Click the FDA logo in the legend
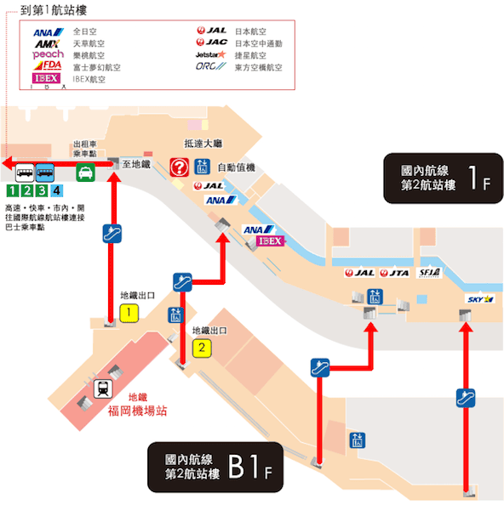[49, 65]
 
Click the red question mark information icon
[179, 167]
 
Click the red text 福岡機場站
[137, 411]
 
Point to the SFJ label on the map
[427, 273]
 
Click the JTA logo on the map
[394, 273]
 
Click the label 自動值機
[236, 167]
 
